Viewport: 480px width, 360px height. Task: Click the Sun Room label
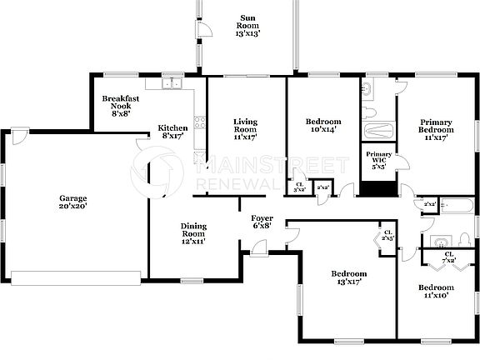point(247,26)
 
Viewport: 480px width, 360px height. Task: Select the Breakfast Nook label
point(121,105)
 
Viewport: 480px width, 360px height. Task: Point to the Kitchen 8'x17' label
point(173,132)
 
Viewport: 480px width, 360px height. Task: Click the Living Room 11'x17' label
point(244,129)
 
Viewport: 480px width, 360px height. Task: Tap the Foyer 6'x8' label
point(262,221)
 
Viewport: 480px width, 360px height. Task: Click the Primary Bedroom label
point(436,129)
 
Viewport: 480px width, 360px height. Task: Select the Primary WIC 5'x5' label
point(378,158)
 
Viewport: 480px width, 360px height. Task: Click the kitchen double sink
point(172,83)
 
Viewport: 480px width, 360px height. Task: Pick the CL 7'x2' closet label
point(448,257)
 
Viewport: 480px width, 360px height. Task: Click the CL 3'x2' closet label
point(300,188)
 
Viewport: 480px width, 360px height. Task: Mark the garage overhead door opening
point(75,277)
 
